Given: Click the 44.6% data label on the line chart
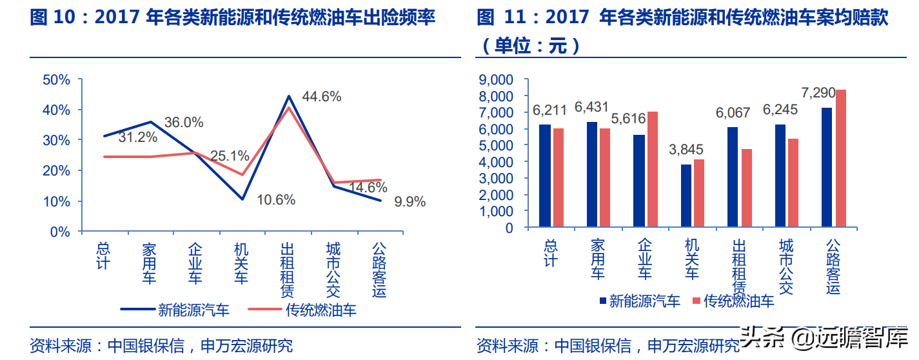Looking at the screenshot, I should click(321, 97).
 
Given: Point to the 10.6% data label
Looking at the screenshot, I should click(275, 200).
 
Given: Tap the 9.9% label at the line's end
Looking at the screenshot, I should click(410, 202).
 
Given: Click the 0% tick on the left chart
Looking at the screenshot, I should click(60, 232).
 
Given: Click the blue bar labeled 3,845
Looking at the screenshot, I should click(685, 195).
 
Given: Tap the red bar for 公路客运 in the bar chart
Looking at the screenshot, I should click(840, 158).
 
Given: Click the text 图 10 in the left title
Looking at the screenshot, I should click(52, 18).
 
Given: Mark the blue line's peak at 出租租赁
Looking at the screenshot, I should click(288, 96).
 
